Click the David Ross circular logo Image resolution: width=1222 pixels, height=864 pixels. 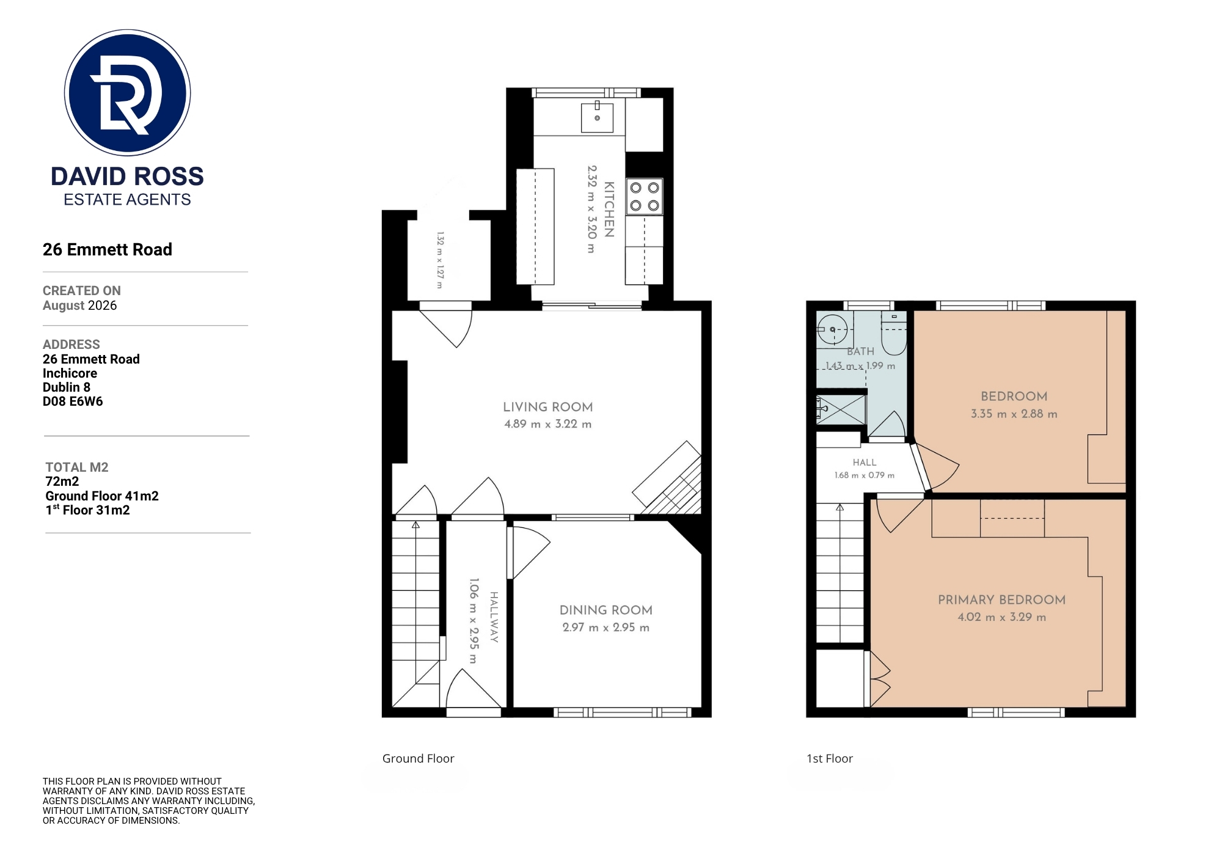point(128,92)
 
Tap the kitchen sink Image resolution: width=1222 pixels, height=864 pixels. point(597,117)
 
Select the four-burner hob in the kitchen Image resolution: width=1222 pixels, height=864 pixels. point(645,197)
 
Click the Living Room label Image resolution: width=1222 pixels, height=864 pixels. point(548,407)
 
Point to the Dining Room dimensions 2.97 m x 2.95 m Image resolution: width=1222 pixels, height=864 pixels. point(606,628)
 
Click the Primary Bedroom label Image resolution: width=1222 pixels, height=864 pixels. point(1002,600)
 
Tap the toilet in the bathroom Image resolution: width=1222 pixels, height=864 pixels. point(894,334)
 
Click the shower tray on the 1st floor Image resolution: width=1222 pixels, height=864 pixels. point(841,409)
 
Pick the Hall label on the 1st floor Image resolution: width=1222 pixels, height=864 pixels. point(865,463)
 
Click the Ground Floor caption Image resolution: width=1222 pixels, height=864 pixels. point(419,758)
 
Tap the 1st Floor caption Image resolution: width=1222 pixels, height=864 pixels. point(830,758)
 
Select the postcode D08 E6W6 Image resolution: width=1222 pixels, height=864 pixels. point(73,401)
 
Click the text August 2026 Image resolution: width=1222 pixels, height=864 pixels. point(79,306)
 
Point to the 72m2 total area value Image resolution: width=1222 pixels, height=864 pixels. point(62,481)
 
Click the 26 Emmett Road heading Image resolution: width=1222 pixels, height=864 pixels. point(108,249)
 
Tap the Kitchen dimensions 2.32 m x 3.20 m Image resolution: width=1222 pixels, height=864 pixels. point(591,209)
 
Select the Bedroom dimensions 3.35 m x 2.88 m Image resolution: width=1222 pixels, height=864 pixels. point(1014,414)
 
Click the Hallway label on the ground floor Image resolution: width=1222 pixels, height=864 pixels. point(494,617)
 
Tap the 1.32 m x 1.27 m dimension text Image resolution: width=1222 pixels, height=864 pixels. point(440,260)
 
